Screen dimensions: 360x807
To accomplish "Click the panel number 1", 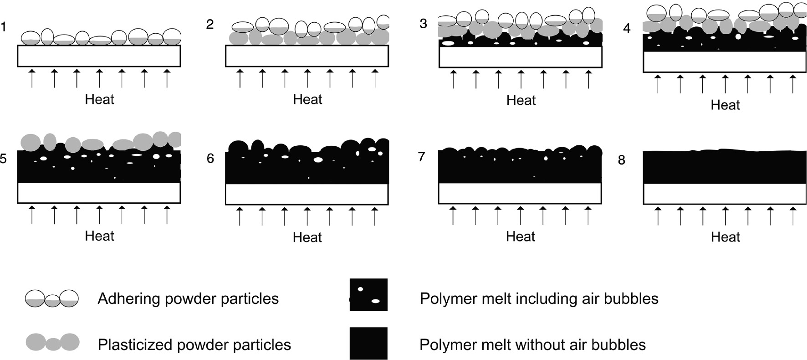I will click(x=4, y=27).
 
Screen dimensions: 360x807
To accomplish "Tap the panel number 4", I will click(x=627, y=28).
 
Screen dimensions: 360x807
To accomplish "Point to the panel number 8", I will click(x=622, y=160).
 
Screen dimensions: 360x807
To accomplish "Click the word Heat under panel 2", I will click(x=307, y=99).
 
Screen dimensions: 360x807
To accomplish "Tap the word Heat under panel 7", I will click(x=521, y=237).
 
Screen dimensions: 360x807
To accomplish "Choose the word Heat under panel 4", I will click(x=725, y=105).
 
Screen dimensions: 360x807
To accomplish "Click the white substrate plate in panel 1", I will click(x=99, y=56).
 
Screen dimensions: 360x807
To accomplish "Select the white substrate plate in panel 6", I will click(x=307, y=194).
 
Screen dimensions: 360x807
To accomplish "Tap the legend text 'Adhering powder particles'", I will click(x=188, y=299).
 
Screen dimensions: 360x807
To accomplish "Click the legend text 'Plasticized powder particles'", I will click(x=194, y=345).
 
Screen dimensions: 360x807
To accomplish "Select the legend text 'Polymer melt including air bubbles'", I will click(x=539, y=299).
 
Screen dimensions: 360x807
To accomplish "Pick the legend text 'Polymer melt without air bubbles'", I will click(x=532, y=345).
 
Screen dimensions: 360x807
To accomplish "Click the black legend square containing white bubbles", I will click(x=368, y=295).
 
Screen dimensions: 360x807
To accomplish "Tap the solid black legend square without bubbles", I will click(x=368, y=343).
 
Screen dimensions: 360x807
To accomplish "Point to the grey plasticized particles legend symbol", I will click(x=52, y=342).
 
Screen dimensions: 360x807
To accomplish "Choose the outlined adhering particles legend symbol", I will click(x=51, y=299).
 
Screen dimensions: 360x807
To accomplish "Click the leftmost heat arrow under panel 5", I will click(x=32, y=215).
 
